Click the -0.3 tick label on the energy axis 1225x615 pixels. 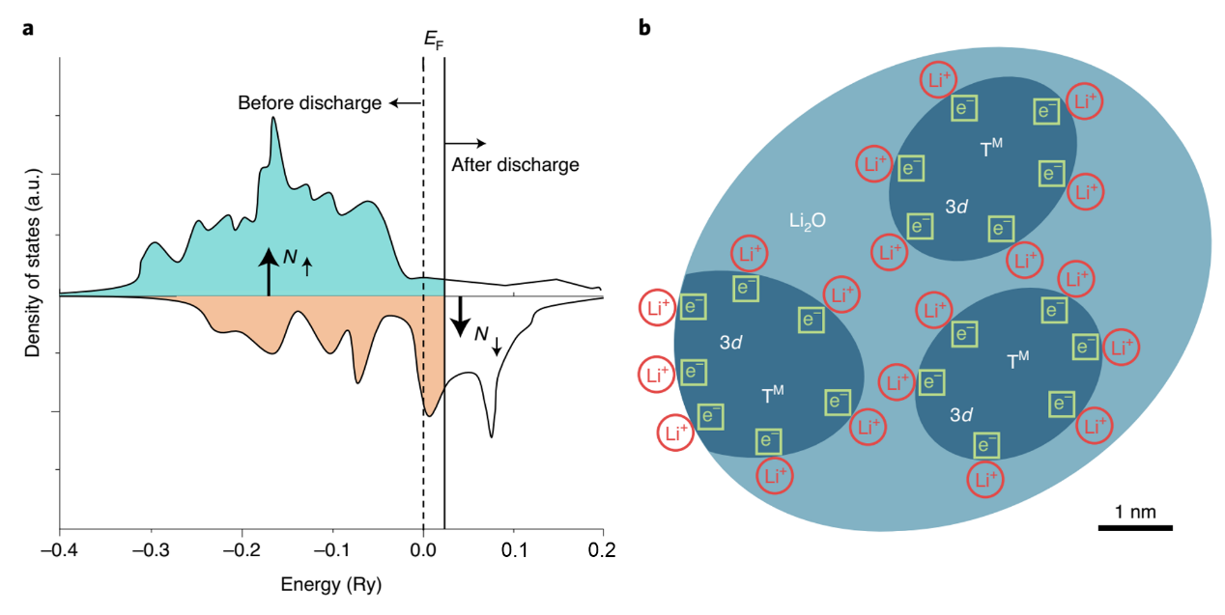(x=150, y=550)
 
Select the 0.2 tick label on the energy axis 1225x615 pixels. (x=603, y=550)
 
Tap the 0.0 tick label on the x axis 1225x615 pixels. (x=423, y=550)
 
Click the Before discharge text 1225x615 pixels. (x=309, y=103)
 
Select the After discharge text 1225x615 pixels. (x=515, y=165)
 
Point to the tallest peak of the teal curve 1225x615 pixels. (x=273, y=119)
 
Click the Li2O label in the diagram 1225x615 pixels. (x=806, y=221)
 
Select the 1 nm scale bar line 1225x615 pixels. (x=1134, y=528)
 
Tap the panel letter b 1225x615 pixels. (x=644, y=28)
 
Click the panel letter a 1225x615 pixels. (x=30, y=28)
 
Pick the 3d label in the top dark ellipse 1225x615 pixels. (x=957, y=206)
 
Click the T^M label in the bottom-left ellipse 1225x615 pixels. (x=773, y=395)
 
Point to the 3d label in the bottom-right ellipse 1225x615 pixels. (x=960, y=415)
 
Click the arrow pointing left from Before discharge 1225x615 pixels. (x=406, y=102)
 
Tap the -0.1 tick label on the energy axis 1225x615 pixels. (x=331, y=550)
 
